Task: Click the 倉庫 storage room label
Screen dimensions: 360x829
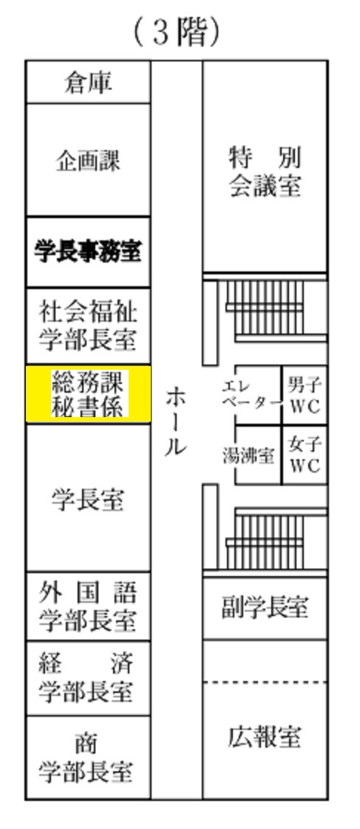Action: (88, 83)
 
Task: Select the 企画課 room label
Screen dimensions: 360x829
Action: (88, 160)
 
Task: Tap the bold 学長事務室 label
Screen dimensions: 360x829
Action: (88, 251)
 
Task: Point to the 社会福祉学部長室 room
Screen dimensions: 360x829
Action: (88, 326)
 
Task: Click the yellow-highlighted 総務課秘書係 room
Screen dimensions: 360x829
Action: (88, 394)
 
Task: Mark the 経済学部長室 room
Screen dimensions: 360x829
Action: (88, 679)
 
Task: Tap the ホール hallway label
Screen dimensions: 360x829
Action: (176, 422)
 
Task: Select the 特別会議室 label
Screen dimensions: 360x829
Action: (265, 172)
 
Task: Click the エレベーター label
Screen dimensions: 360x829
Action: (251, 394)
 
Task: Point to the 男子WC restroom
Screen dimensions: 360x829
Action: (305, 395)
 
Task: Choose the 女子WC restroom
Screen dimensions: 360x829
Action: (305, 455)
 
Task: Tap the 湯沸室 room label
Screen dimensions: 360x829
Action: (248, 456)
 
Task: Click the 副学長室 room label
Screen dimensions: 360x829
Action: (265, 607)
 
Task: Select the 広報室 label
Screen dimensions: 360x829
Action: (265, 737)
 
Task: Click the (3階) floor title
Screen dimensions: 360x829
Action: (177, 33)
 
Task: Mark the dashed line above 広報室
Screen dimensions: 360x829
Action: (265, 683)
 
